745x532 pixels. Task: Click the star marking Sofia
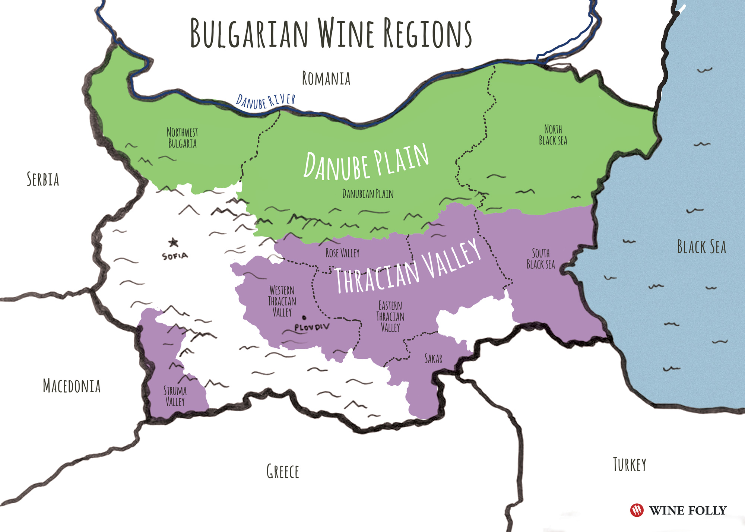[173, 243]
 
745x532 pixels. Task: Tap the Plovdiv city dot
[304, 318]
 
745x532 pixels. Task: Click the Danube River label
[266, 101]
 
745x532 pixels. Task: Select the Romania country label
[326, 79]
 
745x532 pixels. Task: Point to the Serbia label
[43, 179]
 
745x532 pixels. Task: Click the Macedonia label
[72, 386]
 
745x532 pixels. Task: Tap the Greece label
[283, 472]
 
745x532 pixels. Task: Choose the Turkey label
[630, 465]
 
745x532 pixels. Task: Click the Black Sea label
[701, 247]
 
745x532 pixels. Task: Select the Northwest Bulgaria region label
[182, 138]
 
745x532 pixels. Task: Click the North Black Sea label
[553, 135]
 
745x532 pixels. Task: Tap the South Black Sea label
[541, 259]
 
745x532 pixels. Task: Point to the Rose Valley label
[342, 253]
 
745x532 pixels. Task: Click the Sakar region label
[433, 359]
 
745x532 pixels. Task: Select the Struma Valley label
[175, 396]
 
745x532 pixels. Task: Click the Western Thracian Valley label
[282, 301]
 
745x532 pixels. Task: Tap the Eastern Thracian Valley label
[390, 316]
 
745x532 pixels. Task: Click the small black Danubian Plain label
[368, 194]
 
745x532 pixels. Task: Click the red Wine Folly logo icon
[637, 510]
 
